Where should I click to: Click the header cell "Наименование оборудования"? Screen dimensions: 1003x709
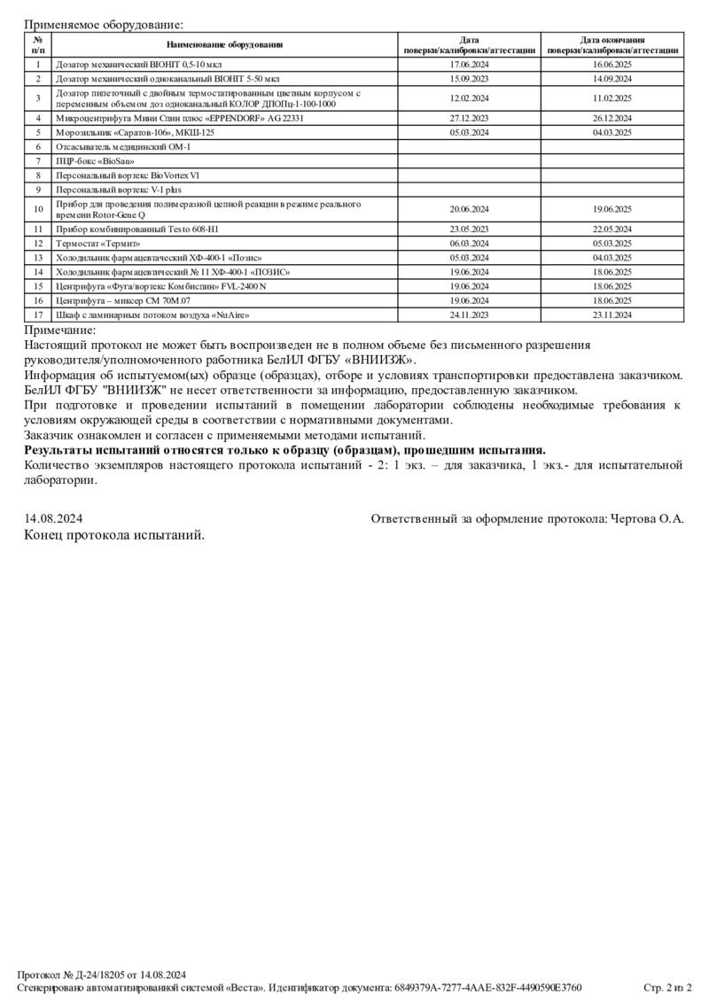point(224,45)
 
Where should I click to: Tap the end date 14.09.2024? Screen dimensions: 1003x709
point(612,79)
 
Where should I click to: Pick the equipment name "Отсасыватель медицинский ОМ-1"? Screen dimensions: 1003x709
point(123,146)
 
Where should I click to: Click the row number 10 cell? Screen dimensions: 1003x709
point(38,209)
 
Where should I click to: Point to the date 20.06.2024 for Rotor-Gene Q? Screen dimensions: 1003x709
point(470,209)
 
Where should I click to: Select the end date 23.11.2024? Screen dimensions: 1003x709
point(612,315)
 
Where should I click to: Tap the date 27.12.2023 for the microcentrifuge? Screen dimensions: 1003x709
point(470,118)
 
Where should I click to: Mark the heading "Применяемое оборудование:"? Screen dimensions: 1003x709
point(103,25)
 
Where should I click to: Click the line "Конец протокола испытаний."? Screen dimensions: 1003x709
point(114,535)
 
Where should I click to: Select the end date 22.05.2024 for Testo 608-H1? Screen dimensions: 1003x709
point(612,229)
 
